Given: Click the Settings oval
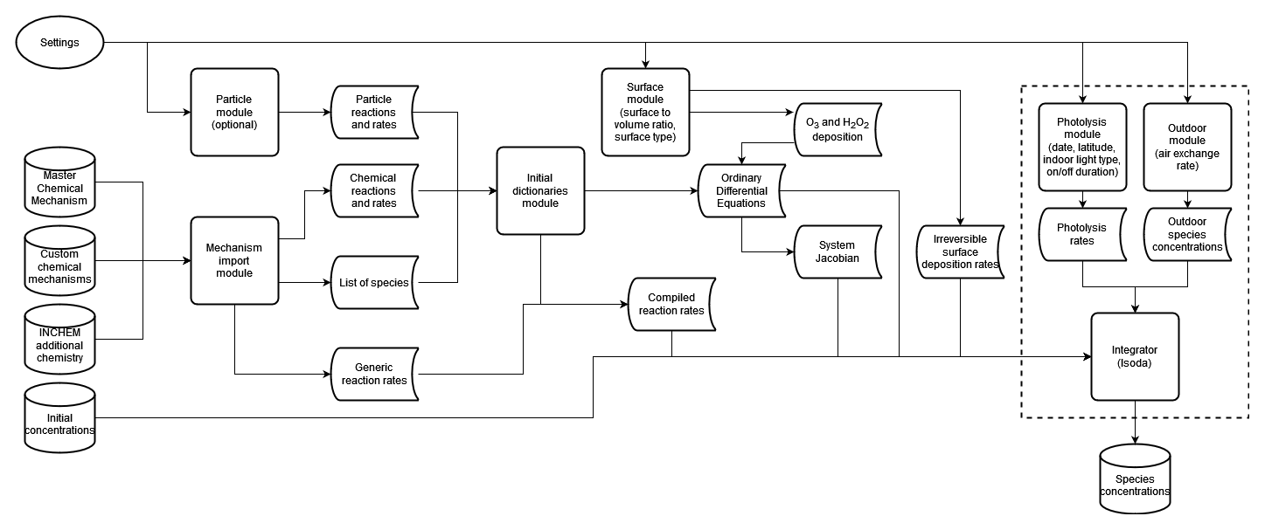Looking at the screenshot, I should pyautogui.click(x=59, y=42).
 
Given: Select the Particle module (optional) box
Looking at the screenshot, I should pyautogui.click(x=234, y=112).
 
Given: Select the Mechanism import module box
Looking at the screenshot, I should pyautogui.click(x=234, y=260).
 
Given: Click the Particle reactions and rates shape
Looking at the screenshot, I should pyautogui.click(x=373, y=112).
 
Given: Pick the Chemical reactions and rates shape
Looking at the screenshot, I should pyautogui.click(x=373, y=190).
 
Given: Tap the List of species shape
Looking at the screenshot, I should pyautogui.click(x=373, y=282).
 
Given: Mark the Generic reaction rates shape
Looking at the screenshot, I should pyautogui.click(x=373, y=373).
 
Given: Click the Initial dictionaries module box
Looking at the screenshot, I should pyautogui.click(x=540, y=190).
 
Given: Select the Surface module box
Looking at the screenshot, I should pyautogui.click(x=645, y=112).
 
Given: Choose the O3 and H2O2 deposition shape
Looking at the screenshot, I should pyautogui.click(x=838, y=130).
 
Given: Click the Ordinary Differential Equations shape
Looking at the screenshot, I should pyautogui.click(x=741, y=190).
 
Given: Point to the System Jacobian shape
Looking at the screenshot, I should pyautogui.click(x=838, y=251).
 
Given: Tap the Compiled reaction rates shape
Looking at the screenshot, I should pyautogui.click(x=671, y=304).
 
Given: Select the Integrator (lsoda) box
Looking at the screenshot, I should pyautogui.click(x=1135, y=356).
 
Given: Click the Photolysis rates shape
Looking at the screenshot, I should pyautogui.click(x=1082, y=234).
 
